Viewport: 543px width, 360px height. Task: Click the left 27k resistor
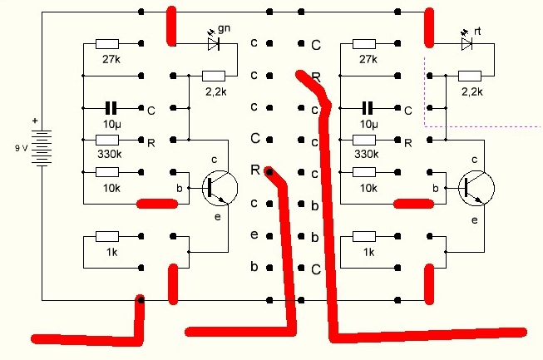107,44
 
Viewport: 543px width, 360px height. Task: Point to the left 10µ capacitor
109,108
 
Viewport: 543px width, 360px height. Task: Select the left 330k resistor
107,140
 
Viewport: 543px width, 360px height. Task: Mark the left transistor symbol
218,188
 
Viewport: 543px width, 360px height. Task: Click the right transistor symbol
475,188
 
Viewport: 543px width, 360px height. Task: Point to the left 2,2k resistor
215,76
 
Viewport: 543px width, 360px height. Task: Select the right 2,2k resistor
471,76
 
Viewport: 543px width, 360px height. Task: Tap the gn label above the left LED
224,28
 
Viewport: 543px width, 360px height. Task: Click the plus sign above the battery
35,121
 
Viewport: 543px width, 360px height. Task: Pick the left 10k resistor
107,172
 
